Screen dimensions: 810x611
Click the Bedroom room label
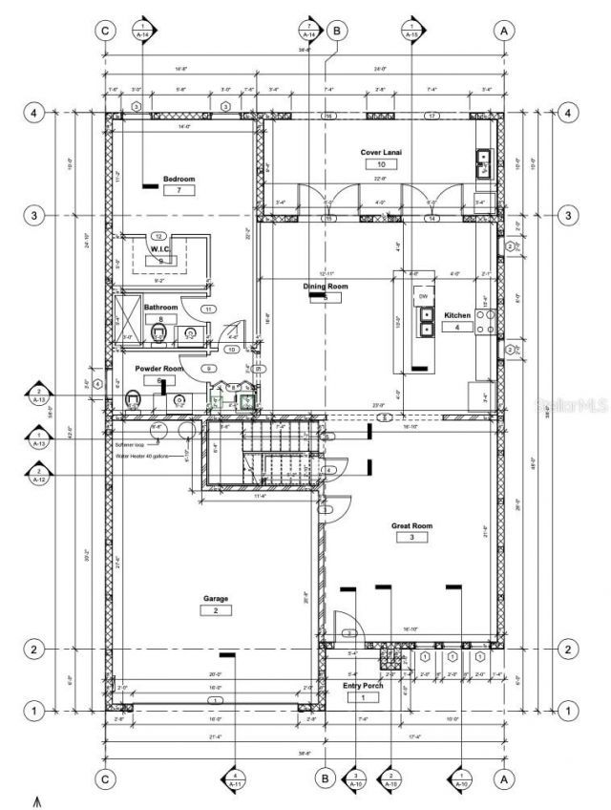(179, 179)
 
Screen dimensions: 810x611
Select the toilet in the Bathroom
(159, 332)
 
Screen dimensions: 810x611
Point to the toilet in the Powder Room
(134, 401)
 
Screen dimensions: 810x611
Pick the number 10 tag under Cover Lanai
(380, 164)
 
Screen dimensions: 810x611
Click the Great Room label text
(412, 525)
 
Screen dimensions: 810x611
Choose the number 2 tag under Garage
(216, 610)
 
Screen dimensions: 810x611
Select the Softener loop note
(130, 444)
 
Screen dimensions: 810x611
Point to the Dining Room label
(326, 286)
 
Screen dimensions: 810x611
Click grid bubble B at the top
(336, 31)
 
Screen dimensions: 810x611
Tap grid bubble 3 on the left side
(33, 215)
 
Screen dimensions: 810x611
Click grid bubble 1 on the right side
(568, 711)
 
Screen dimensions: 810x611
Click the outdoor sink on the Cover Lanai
(483, 164)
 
